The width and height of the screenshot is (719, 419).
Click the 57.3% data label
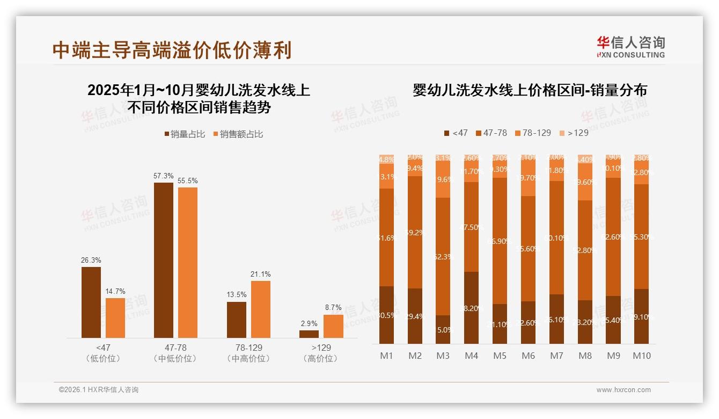tap(163, 176)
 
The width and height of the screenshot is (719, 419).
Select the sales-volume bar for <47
tap(91, 302)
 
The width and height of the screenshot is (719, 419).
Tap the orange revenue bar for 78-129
tap(260, 309)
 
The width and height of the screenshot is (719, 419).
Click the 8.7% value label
tap(333, 308)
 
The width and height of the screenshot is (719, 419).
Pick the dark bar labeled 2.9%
tap(309, 334)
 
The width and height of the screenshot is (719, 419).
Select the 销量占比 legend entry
tap(185, 134)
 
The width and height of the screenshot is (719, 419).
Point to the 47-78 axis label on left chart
tap(175, 348)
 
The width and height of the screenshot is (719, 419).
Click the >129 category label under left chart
tap(320, 348)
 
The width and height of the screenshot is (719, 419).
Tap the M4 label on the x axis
tap(471, 356)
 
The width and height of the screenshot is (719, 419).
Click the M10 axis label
tap(641, 356)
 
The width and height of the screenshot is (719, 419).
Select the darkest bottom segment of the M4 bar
tap(471, 308)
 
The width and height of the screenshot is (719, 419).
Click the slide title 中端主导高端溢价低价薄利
tap(172, 50)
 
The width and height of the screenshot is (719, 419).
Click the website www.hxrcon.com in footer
tap(623, 390)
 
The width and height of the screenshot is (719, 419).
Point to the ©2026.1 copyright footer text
tap(99, 390)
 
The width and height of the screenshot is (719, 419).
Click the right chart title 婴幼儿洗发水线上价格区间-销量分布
tap(530, 90)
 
